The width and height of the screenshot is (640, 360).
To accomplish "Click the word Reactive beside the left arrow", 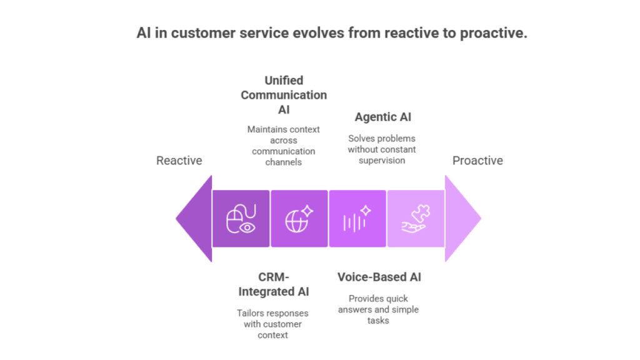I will pyautogui.click(x=179, y=161).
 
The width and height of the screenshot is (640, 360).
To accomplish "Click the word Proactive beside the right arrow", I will pyautogui.click(x=477, y=161).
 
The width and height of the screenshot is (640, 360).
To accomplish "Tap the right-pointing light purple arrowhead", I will pyautogui.click(x=461, y=218).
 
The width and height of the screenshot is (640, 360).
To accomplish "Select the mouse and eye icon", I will pyautogui.click(x=241, y=219).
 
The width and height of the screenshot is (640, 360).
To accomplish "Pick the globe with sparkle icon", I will pyautogui.click(x=299, y=219).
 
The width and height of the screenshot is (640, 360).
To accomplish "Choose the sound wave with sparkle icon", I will pyautogui.click(x=357, y=219).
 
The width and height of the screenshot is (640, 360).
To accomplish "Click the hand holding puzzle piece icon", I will pyautogui.click(x=415, y=219).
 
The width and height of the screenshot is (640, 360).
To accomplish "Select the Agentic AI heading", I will pyautogui.click(x=382, y=117).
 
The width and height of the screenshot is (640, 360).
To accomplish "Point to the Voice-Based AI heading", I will pyautogui.click(x=379, y=277).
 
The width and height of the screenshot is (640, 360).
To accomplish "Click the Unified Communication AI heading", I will pyautogui.click(x=284, y=95).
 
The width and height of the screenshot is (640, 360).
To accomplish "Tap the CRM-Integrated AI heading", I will pyautogui.click(x=273, y=284).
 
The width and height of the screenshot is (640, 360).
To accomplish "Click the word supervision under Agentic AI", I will pyautogui.click(x=382, y=160).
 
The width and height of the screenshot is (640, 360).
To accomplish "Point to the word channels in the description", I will pyautogui.click(x=283, y=162).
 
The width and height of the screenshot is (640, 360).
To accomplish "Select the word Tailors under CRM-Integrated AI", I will pyautogui.click(x=251, y=313).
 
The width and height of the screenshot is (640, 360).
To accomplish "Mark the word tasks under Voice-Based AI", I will pyautogui.click(x=378, y=321).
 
